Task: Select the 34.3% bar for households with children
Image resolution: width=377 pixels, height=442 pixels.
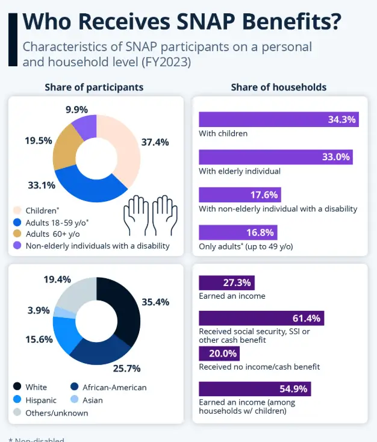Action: pos(279,119)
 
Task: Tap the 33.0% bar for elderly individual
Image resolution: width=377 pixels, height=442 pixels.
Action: pos(275,157)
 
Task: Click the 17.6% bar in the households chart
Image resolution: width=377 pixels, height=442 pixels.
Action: pos(240,195)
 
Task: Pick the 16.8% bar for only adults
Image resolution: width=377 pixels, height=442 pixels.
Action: pos(238,232)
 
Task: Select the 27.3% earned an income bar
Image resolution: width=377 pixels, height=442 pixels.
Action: pos(226,282)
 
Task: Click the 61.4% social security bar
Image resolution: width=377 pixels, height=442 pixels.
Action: pos(261,318)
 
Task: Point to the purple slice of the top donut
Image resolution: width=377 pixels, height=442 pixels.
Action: pos(85,126)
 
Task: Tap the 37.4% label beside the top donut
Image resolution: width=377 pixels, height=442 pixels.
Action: pos(155,143)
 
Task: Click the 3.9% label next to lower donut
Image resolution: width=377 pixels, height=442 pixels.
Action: pos(39,310)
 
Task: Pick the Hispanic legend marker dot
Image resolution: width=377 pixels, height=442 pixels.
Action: pos(16,400)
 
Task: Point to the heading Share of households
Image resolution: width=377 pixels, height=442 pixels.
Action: pos(278,87)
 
